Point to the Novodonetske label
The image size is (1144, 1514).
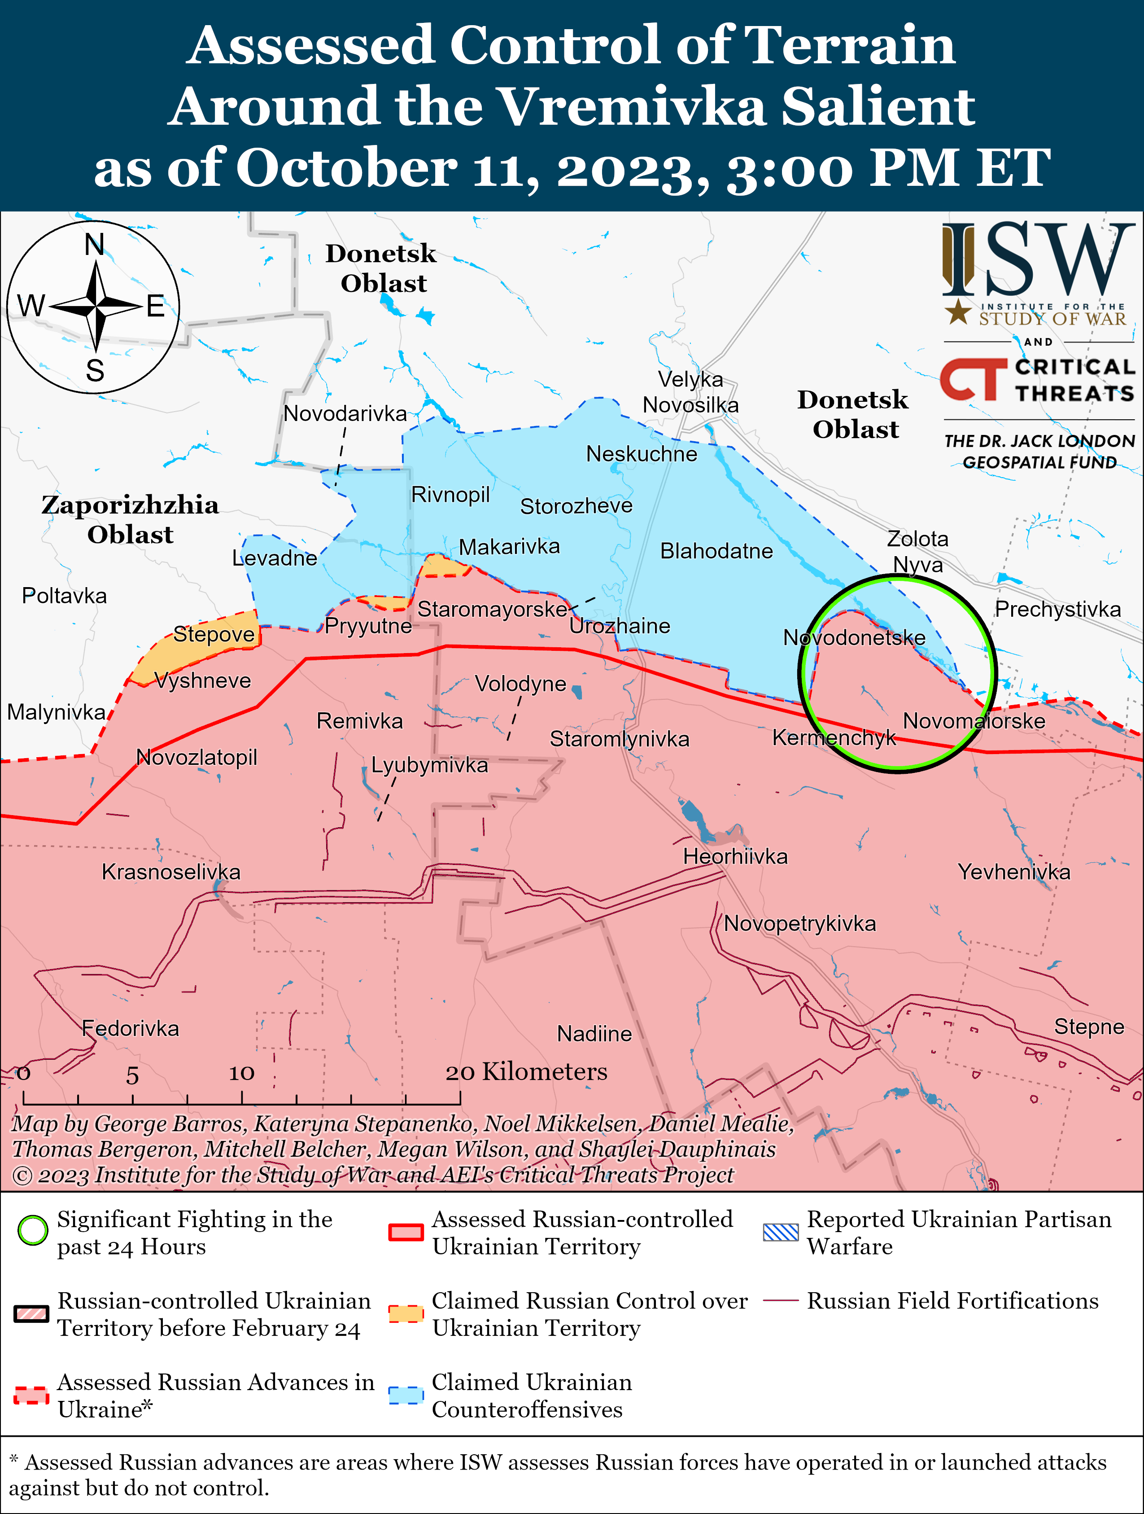(854, 637)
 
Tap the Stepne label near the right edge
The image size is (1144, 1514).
(1088, 1026)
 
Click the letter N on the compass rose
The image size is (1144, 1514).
(94, 244)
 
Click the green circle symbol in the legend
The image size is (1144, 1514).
(32, 1230)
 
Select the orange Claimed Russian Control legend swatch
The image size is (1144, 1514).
(406, 1313)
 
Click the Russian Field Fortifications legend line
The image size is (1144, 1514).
(780, 1300)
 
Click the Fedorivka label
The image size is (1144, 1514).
(130, 1028)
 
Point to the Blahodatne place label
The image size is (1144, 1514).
(716, 551)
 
